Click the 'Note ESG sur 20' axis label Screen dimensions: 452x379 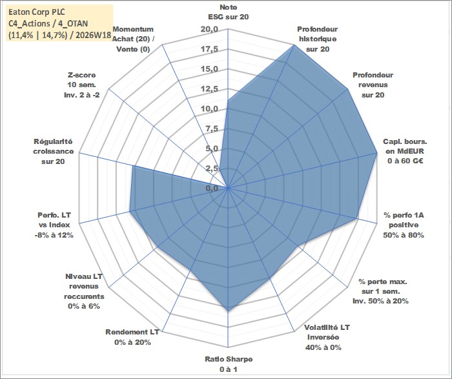coord(229,12)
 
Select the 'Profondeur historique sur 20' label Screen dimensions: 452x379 coord(318,39)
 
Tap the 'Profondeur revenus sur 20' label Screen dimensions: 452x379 coord(373,85)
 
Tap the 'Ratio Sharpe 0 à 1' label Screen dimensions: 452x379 coord(229,364)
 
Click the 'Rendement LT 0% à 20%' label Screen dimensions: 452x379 coord(132,337)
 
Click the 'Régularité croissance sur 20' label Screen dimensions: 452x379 coord(53,151)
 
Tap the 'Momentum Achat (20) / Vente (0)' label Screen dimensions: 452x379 coord(133,39)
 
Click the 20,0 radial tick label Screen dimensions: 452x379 coord(210,30)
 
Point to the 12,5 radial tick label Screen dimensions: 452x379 coord(210,89)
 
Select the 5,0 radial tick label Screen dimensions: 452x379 coord(212,149)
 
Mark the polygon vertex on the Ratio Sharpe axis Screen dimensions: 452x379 coord(228,311)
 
